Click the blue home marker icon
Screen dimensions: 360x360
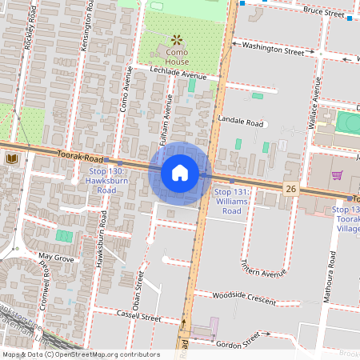pos(180,173)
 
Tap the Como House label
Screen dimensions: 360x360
pos(177,55)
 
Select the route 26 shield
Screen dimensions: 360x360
pos(291,188)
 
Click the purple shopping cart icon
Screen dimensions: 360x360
pos(338,175)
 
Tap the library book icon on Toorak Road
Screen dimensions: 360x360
pos(12,160)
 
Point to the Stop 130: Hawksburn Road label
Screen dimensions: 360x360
pos(107,181)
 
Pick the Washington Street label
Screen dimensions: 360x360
pos(274,49)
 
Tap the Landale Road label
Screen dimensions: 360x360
pos(240,123)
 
